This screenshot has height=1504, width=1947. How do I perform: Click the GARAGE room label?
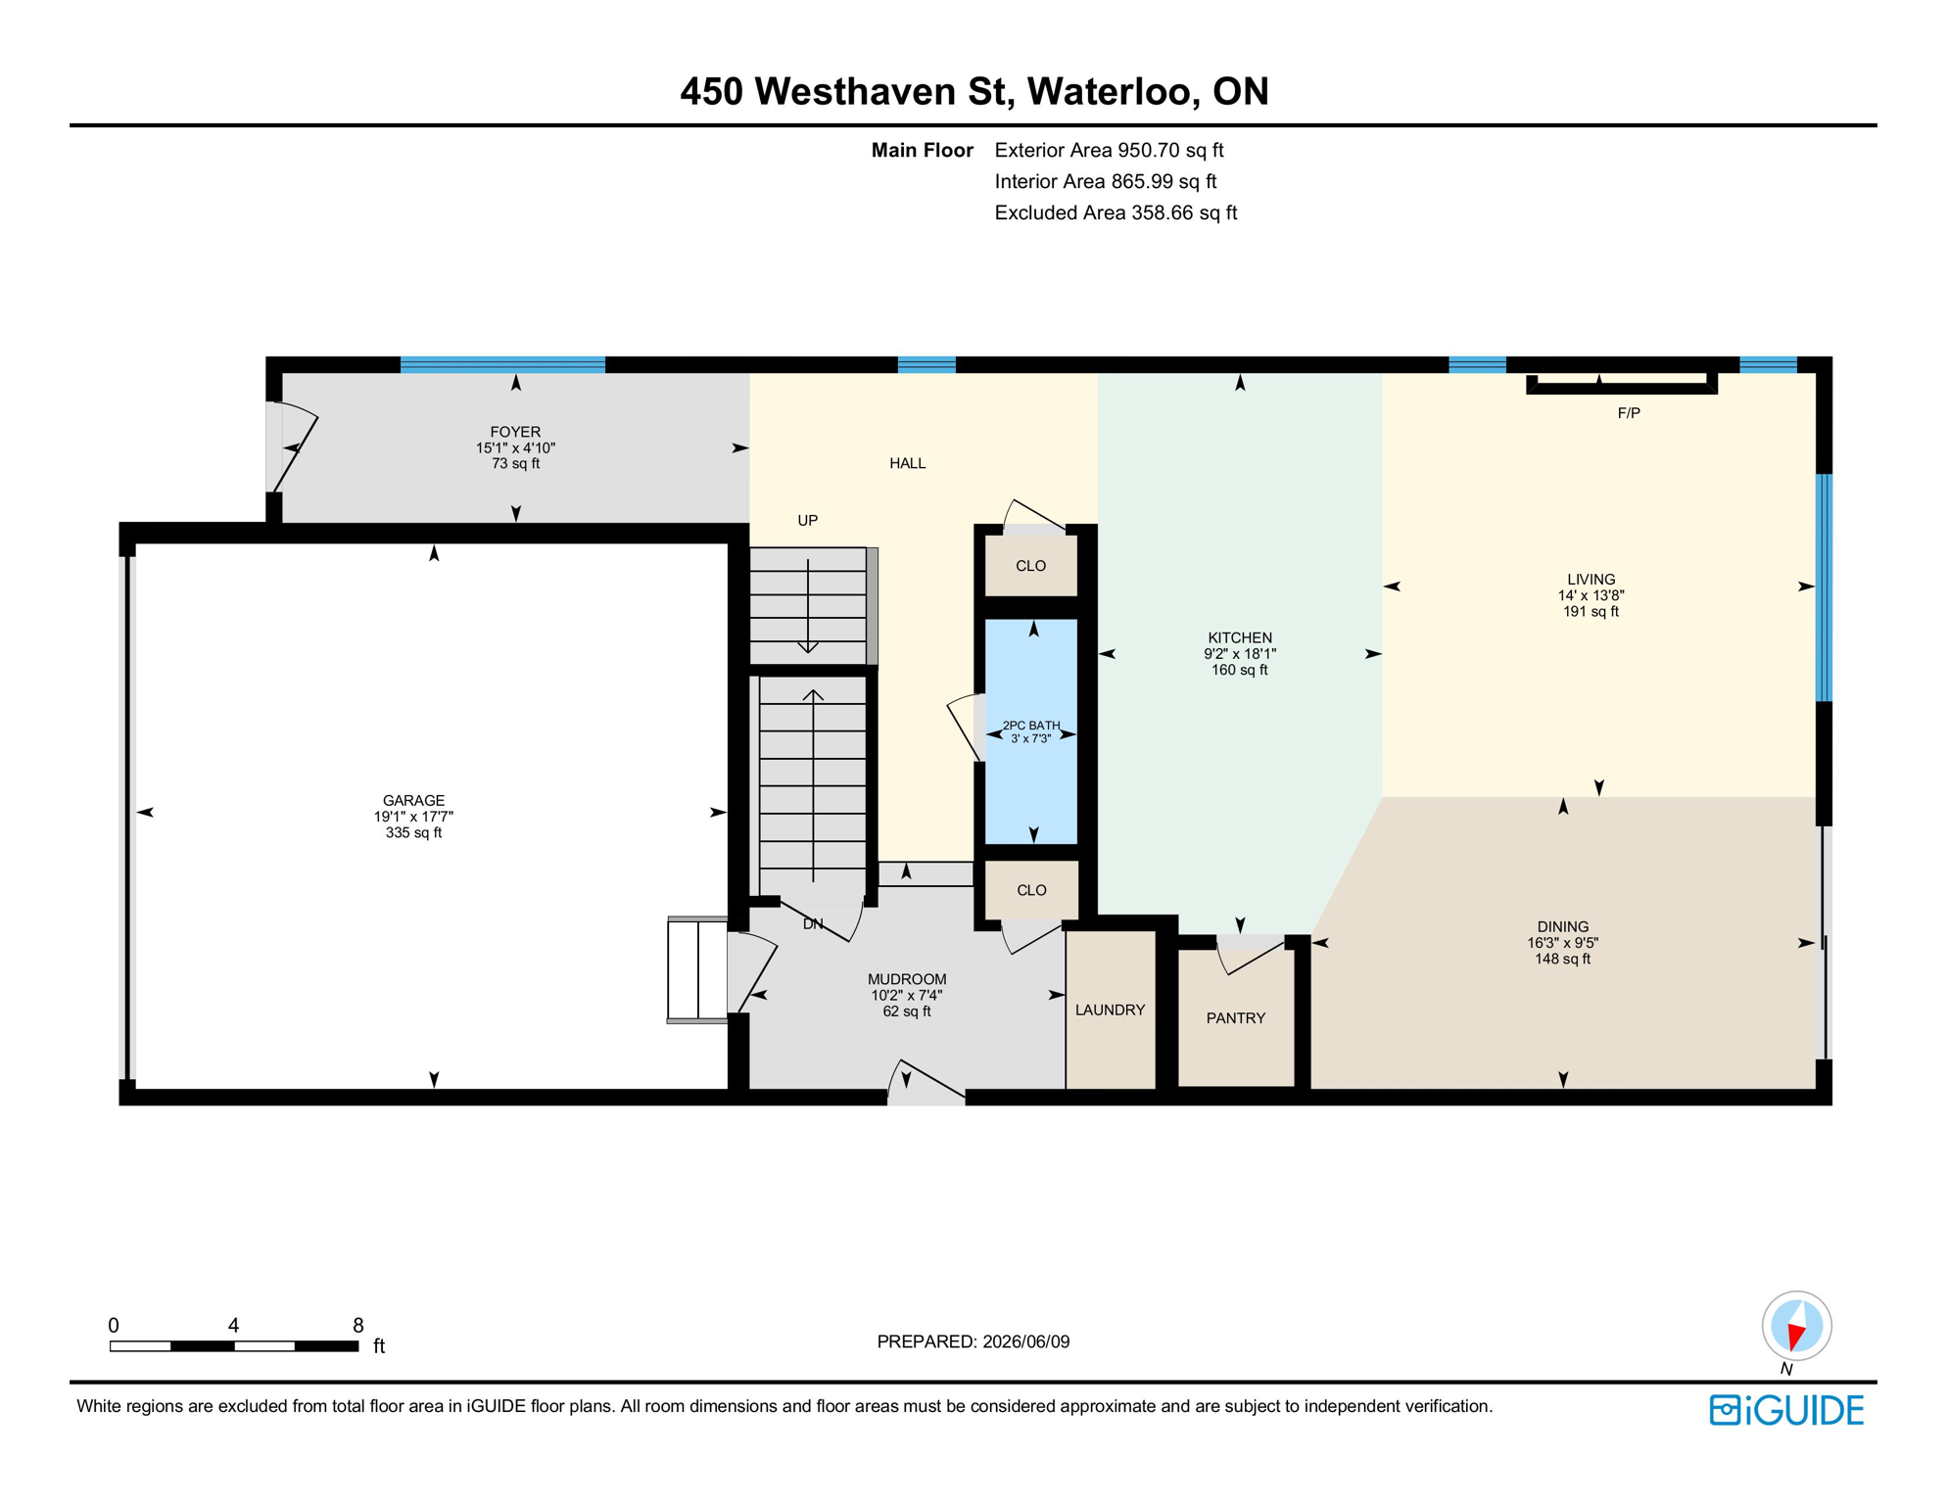(413, 800)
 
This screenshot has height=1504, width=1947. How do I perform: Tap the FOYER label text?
(515, 432)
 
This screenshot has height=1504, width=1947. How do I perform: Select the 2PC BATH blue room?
(1030, 730)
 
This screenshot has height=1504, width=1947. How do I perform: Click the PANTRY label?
(1235, 1018)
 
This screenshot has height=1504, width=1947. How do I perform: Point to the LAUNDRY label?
(1110, 1010)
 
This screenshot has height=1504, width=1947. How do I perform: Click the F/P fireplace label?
(1629, 413)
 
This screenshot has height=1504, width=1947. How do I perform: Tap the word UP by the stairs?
(807, 520)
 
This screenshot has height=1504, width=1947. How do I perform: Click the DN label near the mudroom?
(813, 923)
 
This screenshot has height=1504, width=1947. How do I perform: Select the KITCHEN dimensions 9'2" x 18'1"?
(1240, 653)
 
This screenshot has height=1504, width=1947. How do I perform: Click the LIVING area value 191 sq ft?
(1591, 611)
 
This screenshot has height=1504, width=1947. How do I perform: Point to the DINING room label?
(1562, 926)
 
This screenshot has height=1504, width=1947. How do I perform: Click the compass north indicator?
(1796, 1327)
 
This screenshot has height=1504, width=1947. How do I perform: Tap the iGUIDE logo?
(1786, 1410)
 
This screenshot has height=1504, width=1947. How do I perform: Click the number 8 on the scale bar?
(358, 1325)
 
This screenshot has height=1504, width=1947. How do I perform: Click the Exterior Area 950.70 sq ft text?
(1109, 150)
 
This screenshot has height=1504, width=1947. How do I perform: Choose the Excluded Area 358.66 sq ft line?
(1116, 212)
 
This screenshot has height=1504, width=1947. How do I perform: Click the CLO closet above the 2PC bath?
(1030, 565)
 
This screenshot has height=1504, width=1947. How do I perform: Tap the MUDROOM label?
(907, 979)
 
